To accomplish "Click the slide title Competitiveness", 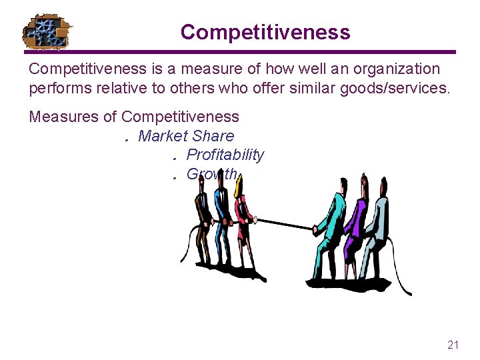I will [265, 32].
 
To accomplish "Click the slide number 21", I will [453, 345].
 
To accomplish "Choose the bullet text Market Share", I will [186, 136].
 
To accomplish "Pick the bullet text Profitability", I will [225, 155].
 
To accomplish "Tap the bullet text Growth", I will [211, 174].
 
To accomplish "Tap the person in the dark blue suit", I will [223, 220].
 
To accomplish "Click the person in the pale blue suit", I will [377, 227].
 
